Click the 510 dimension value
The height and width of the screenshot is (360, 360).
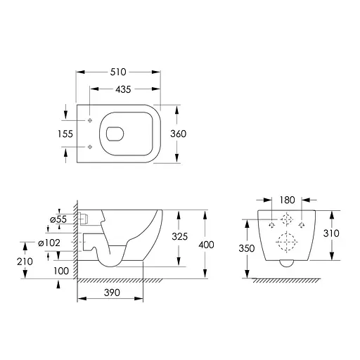click(x=118, y=72)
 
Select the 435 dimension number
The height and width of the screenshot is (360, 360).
click(x=123, y=89)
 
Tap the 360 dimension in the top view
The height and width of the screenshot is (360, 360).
click(x=179, y=134)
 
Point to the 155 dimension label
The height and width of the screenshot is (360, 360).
click(x=65, y=134)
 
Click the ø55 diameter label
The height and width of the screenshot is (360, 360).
click(x=58, y=219)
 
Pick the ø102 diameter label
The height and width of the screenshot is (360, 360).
click(x=49, y=243)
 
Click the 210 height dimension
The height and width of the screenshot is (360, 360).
click(x=25, y=262)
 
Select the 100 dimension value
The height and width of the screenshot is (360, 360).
click(x=61, y=271)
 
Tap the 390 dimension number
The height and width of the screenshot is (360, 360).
click(x=112, y=292)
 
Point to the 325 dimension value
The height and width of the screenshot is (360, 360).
click(x=180, y=237)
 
